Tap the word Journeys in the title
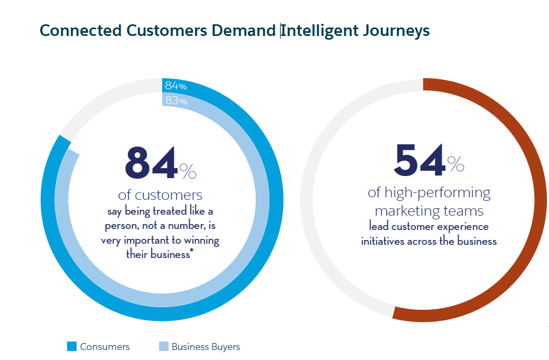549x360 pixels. point(396,31)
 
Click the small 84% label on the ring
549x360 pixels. point(176,86)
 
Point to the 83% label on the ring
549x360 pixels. point(176,100)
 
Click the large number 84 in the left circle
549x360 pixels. point(151,163)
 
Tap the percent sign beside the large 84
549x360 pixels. point(188,170)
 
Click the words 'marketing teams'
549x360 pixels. point(429,210)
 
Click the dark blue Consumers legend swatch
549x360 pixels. point(72,347)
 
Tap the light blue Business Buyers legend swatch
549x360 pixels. point(163,347)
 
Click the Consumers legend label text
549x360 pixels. point(105,347)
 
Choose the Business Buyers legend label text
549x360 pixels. point(206,347)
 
